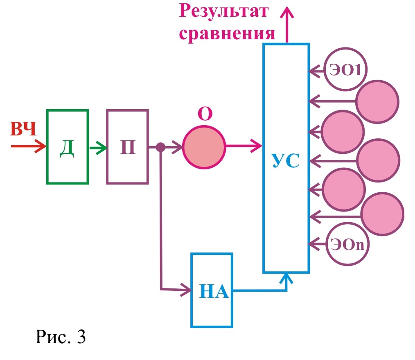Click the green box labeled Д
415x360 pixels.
pyautogui.click(x=68, y=147)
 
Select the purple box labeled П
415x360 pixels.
pyautogui.click(x=127, y=147)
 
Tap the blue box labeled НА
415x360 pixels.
pyautogui.click(x=212, y=290)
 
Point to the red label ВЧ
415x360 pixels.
pyautogui.click(x=24, y=130)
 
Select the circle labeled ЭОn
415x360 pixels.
pyautogui.click(x=349, y=244)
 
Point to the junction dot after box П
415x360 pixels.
pyautogui.click(x=161, y=147)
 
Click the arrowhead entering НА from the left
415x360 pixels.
pyautogui.click(x=187, y=290)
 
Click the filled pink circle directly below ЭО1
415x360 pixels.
pyautogui.click(x=377, y=101)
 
